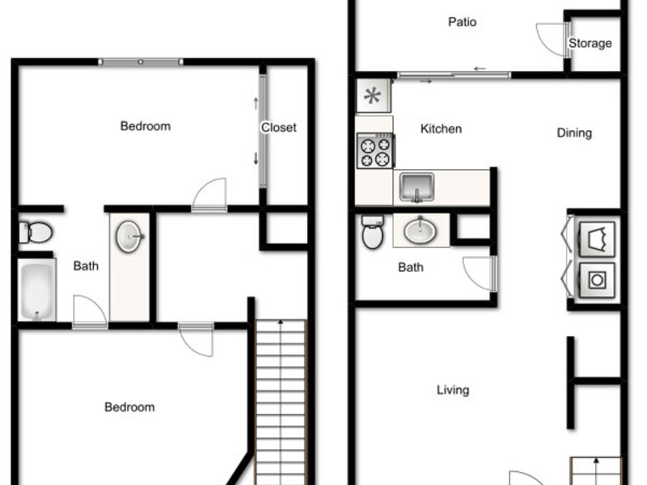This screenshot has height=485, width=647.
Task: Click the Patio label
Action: (462, 22)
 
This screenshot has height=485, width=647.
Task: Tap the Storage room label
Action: (590, 43)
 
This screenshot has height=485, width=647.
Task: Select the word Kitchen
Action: (441, 129)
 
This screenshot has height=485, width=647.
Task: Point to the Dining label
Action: (574, 133)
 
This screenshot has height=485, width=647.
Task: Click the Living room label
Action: (453, 390)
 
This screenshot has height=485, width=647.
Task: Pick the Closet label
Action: (278, 128)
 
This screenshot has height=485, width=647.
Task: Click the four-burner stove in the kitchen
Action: (375, 150)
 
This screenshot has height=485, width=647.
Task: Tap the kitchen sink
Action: (417, 188)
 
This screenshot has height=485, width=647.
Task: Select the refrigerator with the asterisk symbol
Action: (373, 95)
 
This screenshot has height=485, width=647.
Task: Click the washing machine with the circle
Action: (597, 280)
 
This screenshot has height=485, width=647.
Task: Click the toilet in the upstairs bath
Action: (36, 232)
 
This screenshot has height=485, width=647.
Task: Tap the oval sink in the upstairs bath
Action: (129, 236)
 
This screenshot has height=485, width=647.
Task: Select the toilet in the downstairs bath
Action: (373, 232)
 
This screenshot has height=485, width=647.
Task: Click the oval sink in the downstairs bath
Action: (420, 230)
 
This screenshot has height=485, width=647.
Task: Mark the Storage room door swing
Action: (552, 40)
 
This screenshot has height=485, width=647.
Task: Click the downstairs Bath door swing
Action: (479, 274)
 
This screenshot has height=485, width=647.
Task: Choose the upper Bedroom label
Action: (146, 126)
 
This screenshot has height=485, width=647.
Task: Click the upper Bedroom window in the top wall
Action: (141, 62)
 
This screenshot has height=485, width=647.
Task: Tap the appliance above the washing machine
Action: (597, 239)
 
